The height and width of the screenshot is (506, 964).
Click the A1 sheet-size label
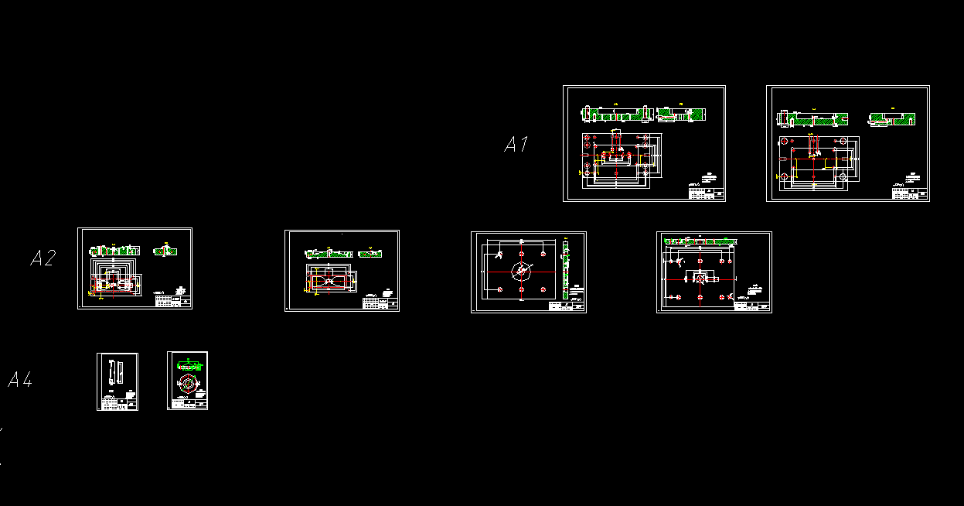(516, 144)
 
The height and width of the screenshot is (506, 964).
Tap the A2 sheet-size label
(43, 258)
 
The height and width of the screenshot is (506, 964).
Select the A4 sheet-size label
(20, 379)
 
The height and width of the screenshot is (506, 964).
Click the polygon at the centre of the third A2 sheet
(523, 272)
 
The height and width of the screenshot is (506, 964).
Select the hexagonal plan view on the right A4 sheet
(188, 384)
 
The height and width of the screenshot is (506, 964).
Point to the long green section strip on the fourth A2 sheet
(699, 241)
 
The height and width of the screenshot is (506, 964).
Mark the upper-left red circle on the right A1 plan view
(785, 143)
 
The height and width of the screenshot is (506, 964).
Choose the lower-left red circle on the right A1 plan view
(785, 177)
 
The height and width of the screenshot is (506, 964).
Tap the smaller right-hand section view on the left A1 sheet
(680, 115)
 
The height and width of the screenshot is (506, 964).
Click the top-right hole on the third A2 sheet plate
(544, 254)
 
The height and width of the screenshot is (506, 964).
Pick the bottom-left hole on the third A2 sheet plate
(501, 289)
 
